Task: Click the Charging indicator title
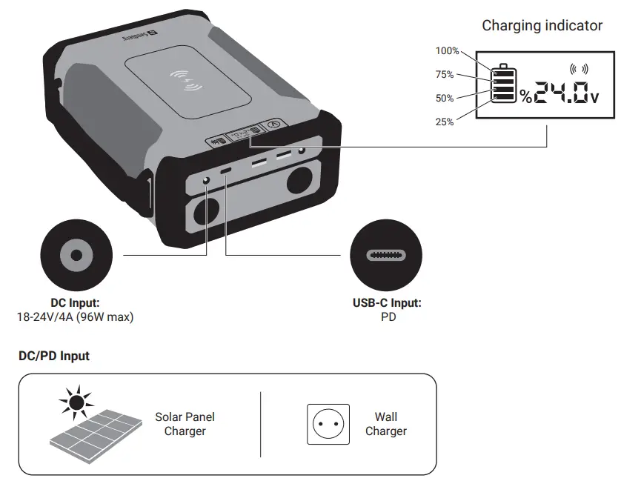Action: (542, 26)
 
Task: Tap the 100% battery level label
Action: (447, 51)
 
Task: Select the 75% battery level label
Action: (445, 75)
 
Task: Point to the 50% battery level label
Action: (445, 99)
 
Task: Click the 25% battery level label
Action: (445, 122)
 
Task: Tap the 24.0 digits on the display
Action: (561, 93)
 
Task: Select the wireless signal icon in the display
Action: (578, 69)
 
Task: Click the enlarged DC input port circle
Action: (75, 256)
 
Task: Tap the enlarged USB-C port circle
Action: (386, 256)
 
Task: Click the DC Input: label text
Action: (75, 303)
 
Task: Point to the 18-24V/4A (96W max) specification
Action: (75, 316)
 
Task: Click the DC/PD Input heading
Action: (54, 356)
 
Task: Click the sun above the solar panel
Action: (75, 403)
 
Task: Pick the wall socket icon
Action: (328, 425)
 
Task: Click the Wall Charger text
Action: (385, 424)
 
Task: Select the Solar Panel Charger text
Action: (185, 424)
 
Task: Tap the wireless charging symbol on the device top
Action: (186, 79)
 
